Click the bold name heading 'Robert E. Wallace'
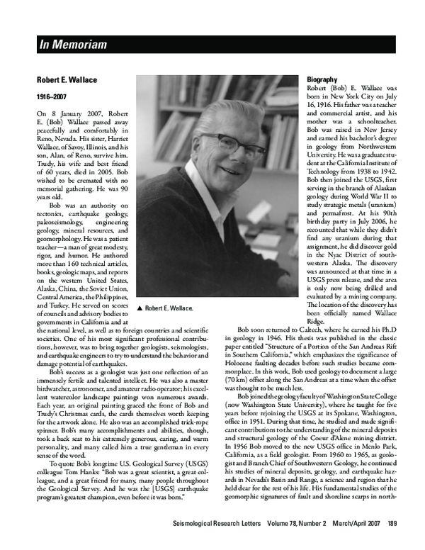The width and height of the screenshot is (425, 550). click(x=69, y=80)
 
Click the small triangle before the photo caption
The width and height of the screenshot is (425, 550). click(x=141, y=309)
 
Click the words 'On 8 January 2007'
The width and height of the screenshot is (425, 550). click(x=68, y=113)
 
